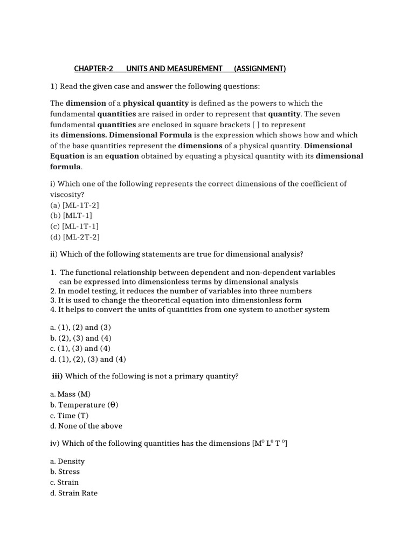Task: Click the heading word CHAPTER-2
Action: tap(94, 68)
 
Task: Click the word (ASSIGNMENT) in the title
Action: tap(260, 68)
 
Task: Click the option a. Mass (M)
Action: tap(70, 394)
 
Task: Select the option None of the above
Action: tap(86, 426)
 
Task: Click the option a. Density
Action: tap(67, 461)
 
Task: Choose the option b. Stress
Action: tap(65, 472)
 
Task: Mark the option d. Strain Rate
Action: tap(74, 493)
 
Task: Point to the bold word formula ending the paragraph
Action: tap(65, 167)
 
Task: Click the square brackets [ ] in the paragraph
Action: tap(256, 125)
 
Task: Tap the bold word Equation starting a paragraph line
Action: tap(67, 156)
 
